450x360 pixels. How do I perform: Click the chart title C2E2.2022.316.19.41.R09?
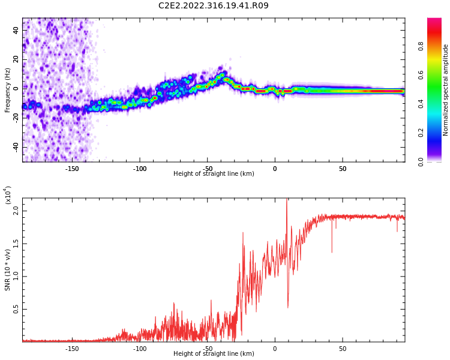(213, 6)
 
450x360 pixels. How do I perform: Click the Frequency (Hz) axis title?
(8, 90)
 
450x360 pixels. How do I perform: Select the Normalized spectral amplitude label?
(446, 90)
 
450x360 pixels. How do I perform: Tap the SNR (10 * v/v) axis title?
(8, 270)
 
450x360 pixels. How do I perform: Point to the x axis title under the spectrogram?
(214, 174)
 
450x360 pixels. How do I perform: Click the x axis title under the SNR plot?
(214, 354)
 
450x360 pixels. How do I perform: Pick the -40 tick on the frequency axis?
(16, 147)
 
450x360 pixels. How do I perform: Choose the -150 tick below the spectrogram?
(72, 169)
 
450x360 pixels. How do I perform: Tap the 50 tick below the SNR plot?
(343, 349)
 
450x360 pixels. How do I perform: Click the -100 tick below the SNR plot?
(140, 349)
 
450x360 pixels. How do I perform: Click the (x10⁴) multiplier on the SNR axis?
(7, 196)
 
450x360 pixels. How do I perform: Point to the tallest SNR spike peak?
(287, 200)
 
